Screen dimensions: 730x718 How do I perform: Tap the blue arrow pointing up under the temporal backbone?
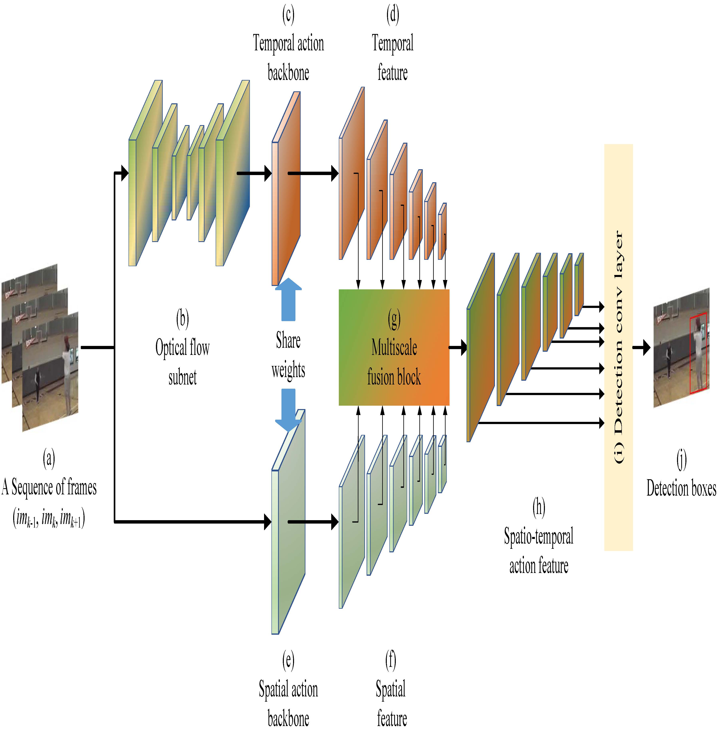click(288, 300)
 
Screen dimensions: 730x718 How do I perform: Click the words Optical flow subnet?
click(182, 362)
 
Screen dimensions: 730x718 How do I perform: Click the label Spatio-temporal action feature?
click(538, 551)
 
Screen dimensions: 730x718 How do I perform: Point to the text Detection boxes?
click(681, 488)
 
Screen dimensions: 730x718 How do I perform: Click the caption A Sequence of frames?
click(49, 487)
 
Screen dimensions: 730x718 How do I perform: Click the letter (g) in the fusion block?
click(394, 319)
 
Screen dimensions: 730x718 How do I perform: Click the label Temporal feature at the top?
click(393, 58)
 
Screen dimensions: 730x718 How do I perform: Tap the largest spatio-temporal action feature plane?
click(480, 347)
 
